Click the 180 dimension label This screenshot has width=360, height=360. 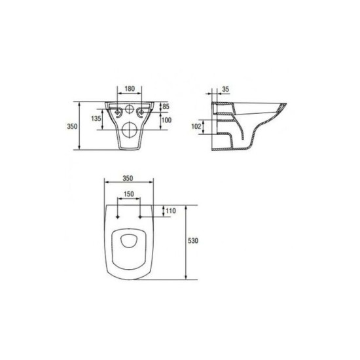(130, 88)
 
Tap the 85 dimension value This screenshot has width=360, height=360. (166, 106)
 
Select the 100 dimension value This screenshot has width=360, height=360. (166, 120)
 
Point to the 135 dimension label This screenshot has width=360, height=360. (96, 118)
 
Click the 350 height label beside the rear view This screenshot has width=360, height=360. (72, 126)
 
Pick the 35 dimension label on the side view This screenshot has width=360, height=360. (226, 89)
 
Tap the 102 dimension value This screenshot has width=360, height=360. (196, 126)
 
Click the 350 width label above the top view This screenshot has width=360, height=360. (128, 178)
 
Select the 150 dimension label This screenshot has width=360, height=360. (129, 194)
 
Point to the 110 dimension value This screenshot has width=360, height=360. (171, 211)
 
